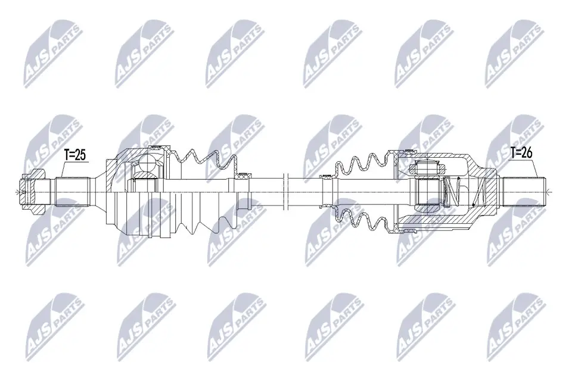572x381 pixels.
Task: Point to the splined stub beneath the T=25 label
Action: click(x=73, y=192)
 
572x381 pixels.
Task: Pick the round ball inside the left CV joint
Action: click(x=147, y=163)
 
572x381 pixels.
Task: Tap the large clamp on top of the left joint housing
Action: click(x=155, y=147)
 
